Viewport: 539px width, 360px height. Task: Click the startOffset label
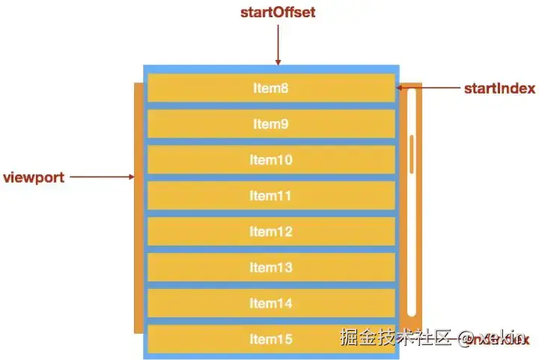click(x=277, y=13)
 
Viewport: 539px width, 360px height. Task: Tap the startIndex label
click(x=499, y=88)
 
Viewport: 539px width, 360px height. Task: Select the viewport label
click(x=34, y=177)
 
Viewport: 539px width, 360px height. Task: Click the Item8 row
click(x=270, y=88)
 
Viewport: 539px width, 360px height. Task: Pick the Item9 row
click(x=270, y=124)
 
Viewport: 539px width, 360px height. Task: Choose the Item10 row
click(x=270, y=160)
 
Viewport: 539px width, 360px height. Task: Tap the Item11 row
click(x=270, y=196)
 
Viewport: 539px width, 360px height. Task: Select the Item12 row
click(x=270, y=232)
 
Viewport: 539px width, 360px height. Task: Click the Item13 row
click(x=270, y=268)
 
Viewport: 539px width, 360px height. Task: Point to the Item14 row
click(x=270, y=304)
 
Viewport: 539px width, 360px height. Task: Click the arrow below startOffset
click(x=277, y=45)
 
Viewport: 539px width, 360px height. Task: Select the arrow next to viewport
click(x=105, y=177)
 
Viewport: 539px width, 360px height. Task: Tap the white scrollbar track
click(x=411, y=240)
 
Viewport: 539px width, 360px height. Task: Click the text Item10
click(x=270, y=160)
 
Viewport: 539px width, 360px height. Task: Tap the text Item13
click(x=270, y=268)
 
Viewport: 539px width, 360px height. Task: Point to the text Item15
click(x=270, y=340)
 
